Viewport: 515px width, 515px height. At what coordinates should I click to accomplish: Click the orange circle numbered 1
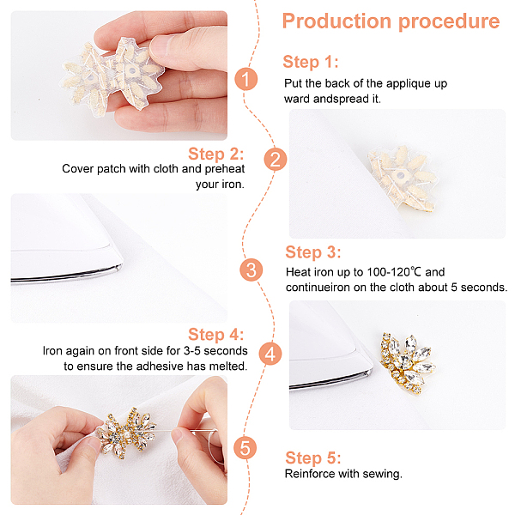click(x=246, y=79)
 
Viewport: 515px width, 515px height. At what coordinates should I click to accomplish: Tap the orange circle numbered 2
click(x=276, y=160)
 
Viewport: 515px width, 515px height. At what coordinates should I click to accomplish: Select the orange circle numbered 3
click(x=251, y=270)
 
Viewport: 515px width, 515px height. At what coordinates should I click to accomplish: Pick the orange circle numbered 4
click(x=270, y=354)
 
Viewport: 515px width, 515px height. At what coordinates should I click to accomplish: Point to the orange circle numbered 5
click(x=245, y=448)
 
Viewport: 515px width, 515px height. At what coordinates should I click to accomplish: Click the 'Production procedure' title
click(x=391, y=21)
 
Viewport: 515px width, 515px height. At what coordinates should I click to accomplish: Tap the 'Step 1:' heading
click(x=311, y=62)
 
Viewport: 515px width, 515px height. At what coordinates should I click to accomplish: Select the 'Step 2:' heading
click(x=215, y=154)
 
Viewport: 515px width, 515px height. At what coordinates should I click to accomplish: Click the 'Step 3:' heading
click(x=313, y=252)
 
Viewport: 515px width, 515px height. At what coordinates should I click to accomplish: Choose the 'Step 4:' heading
click(x=215, y=335)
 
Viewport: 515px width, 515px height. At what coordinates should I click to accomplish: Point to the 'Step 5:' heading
click(x=313, y=457)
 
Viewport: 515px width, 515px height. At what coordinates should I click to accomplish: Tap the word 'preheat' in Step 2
click(x=225, y=169)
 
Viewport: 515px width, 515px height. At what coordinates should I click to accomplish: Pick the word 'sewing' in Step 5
click(x=385, y=475)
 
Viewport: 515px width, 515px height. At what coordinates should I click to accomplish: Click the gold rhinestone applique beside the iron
click(x=408, y=362)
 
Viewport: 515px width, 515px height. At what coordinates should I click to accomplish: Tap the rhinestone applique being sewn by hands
click(x=127, y=433)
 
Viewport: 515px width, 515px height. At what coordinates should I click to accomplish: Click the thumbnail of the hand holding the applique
click(x=119, y=76)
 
